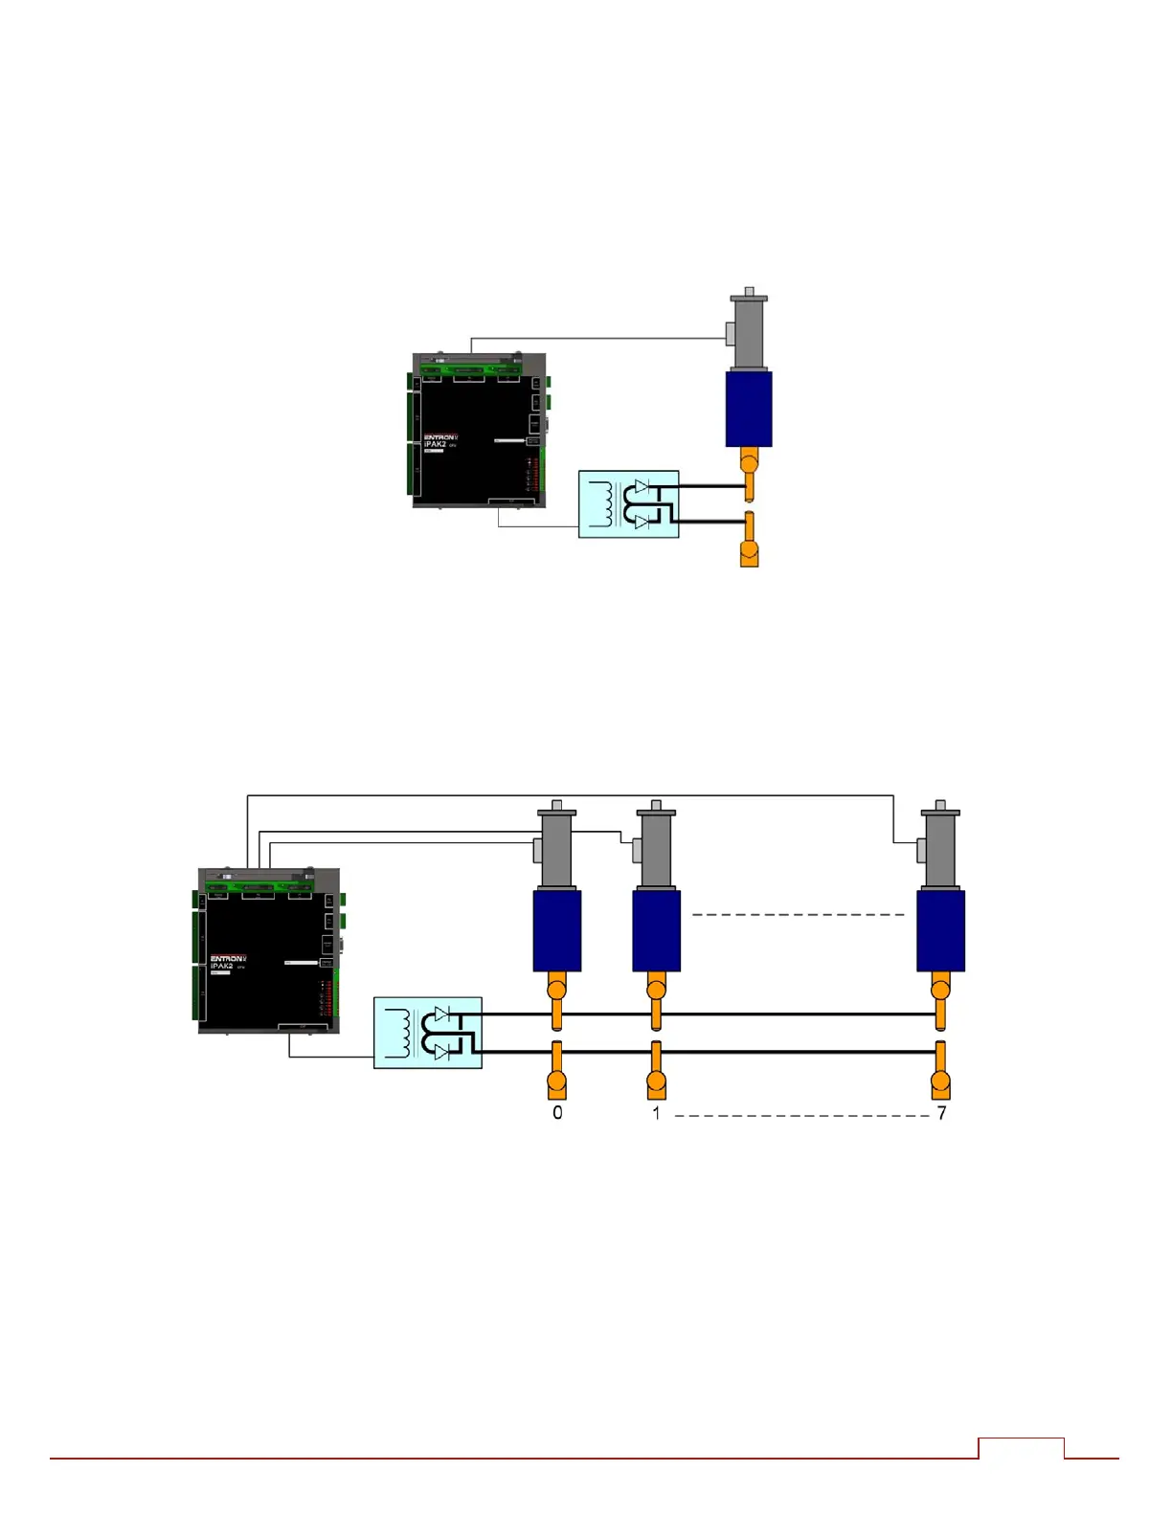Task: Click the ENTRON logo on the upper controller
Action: click(x=440, y=437)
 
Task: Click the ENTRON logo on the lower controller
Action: click(x=228, y=958)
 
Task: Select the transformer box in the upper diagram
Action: click(x=628, y=503)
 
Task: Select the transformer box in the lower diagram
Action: click(x=427, y=1033)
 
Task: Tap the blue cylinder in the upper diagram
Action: click(x=749, y=409)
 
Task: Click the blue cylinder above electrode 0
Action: click(x=557, y=930)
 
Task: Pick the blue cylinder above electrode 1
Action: click(x=656, y=930)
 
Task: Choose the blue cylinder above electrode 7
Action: click(x=940, y=930)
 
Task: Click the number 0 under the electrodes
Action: click(x=557, y=1113)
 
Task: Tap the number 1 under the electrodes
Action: click(x=656, y=1113)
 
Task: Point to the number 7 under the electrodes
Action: click(x=942, y=1113)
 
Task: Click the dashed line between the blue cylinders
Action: click(x=798, y=915)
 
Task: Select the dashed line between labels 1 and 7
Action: click(x=802, y=1116)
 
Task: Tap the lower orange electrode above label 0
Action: click(x=557, y=1072)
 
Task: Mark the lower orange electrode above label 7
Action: click(x=940, y=1072)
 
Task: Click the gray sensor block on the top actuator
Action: click(x=730, y=334)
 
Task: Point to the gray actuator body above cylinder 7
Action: click(x=940, y=850)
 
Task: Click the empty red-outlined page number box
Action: click(x=1021, y=1448)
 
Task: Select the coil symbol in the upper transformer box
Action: click(x=602, y=503)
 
